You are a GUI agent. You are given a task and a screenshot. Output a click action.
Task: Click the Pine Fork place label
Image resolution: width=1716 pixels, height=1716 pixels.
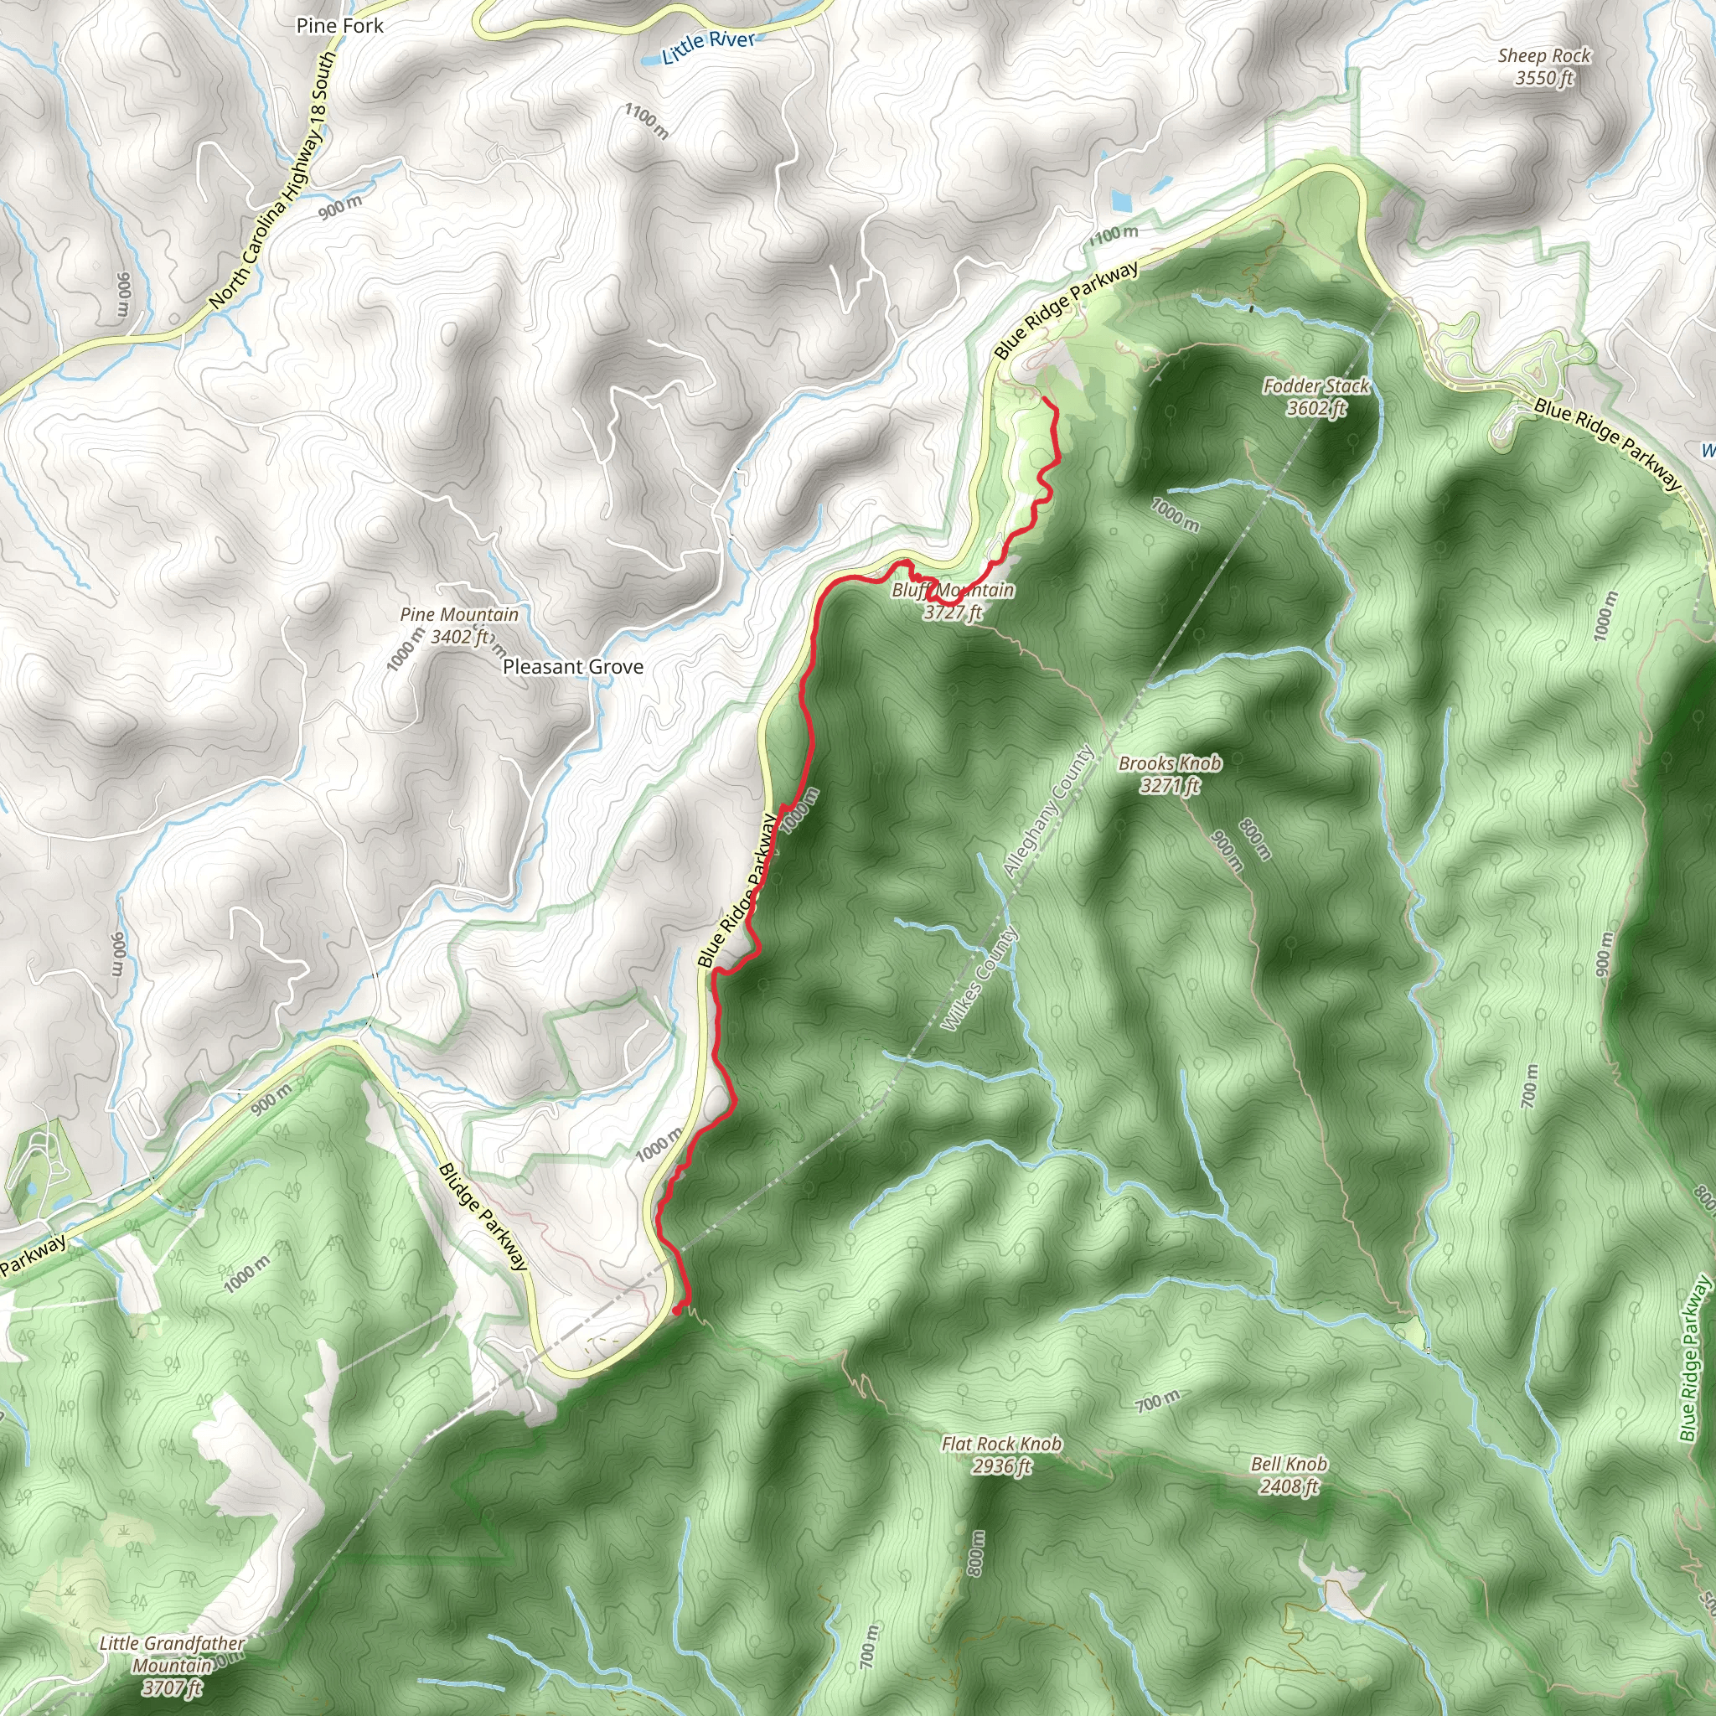coord(339,26)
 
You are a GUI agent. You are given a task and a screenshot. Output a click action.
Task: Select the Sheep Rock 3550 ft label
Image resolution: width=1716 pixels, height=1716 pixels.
coord(1543,67)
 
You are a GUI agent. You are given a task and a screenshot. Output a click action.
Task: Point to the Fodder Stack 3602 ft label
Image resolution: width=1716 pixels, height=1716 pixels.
coord(1315,397)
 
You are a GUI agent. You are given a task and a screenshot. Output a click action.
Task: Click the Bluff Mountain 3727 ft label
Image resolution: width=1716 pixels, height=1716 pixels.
coord(953,602)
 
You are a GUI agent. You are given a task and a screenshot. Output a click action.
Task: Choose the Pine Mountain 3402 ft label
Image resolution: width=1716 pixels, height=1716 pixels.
coord(458,625)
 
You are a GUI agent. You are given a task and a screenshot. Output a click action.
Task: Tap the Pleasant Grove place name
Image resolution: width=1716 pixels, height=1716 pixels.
coord(573,667)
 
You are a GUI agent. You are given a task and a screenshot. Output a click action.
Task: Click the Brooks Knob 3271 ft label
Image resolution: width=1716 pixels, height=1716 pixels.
coord(1169,773)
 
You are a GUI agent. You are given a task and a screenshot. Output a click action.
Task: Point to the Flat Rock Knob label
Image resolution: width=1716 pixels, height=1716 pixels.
coord(1001,1454)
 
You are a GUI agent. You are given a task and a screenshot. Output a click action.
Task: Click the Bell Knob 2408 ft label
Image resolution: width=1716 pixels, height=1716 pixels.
coord(1288,1475)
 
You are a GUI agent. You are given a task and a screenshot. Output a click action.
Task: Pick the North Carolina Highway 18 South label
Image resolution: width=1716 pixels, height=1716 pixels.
coord(273,180)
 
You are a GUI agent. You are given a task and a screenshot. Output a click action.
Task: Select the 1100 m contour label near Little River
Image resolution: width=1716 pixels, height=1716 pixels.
coord(646,121)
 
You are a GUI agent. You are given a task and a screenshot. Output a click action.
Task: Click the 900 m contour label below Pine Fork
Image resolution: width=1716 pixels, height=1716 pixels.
coord(340,207)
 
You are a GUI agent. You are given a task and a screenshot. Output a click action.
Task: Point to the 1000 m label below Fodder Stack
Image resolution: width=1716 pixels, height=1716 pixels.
coord(1175,514)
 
